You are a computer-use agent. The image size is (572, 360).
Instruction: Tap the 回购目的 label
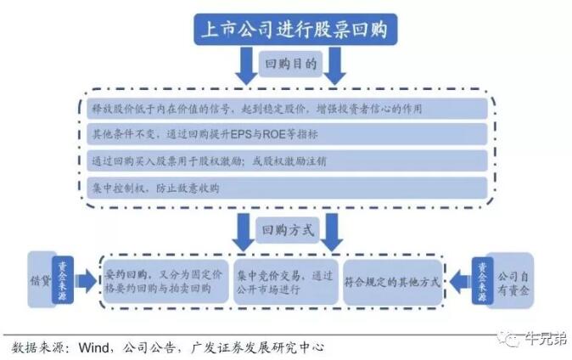coord(289,65)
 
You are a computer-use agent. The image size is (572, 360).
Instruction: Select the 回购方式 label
coord(289,229)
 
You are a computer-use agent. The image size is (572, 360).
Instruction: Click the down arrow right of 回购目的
coord(334,65)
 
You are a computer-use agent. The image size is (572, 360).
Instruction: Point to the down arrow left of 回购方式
coord(244,228)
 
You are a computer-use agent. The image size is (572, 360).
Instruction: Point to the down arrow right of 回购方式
coord(333,228)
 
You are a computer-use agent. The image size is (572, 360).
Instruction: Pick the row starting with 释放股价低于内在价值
coord(289,109)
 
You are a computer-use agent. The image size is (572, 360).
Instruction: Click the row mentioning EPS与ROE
coord(289,134)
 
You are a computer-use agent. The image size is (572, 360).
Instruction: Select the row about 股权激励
coord(289,160)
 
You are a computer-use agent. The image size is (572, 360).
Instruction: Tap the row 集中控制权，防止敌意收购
coord(289,188)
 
